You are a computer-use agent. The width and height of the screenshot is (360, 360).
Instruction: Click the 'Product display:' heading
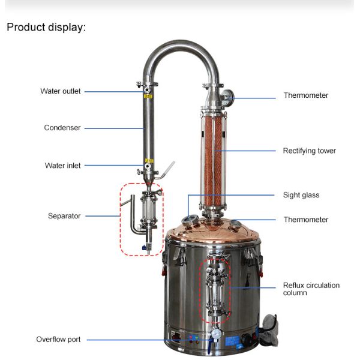click(46, 28)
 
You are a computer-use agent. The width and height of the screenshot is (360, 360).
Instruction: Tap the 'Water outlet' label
click(61, 91)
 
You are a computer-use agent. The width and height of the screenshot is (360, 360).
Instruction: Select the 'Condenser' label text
click(62, 128)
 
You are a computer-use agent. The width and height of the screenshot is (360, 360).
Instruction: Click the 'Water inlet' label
click(62, 166)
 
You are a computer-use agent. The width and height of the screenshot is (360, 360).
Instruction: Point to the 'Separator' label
click(64, 216)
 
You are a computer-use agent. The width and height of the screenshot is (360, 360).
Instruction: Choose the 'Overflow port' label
click(58, 340)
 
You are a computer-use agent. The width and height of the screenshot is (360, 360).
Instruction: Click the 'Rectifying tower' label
click(309, 151)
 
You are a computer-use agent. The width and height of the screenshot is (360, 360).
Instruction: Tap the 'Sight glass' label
click(301, 195)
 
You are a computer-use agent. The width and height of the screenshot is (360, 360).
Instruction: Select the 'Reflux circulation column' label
click(311, 289)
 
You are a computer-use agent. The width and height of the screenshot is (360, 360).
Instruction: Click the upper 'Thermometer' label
click(306, 95)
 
